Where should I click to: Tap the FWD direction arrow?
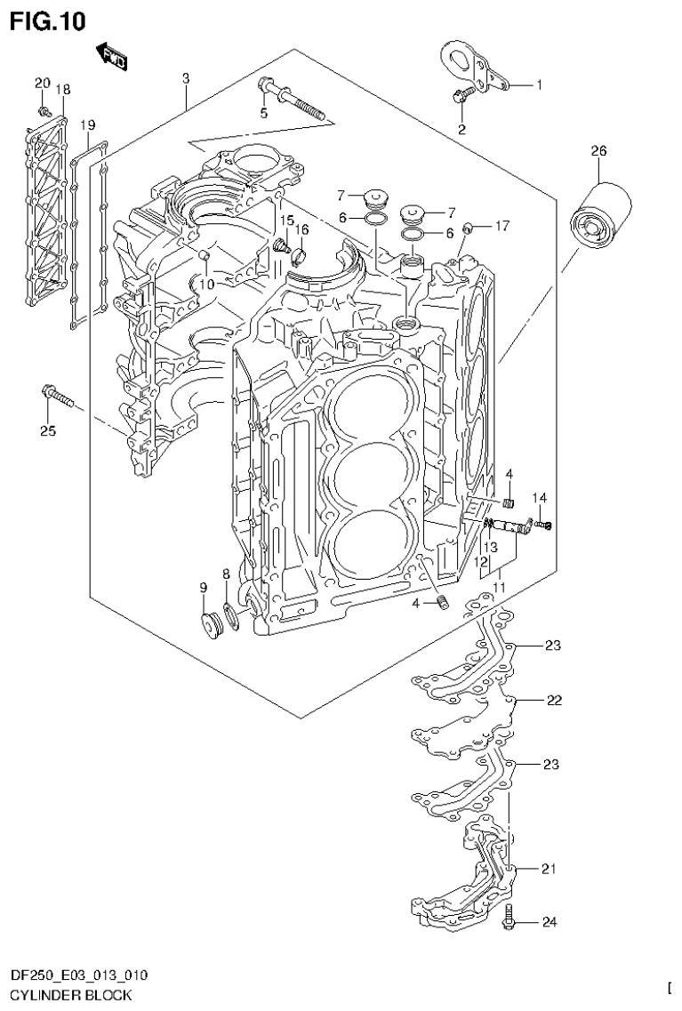(112, 55)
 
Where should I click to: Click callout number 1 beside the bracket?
(538, 85)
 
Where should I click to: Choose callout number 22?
(554, 701)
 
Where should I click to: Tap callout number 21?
(549, 869)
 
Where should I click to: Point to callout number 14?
(540, 497)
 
